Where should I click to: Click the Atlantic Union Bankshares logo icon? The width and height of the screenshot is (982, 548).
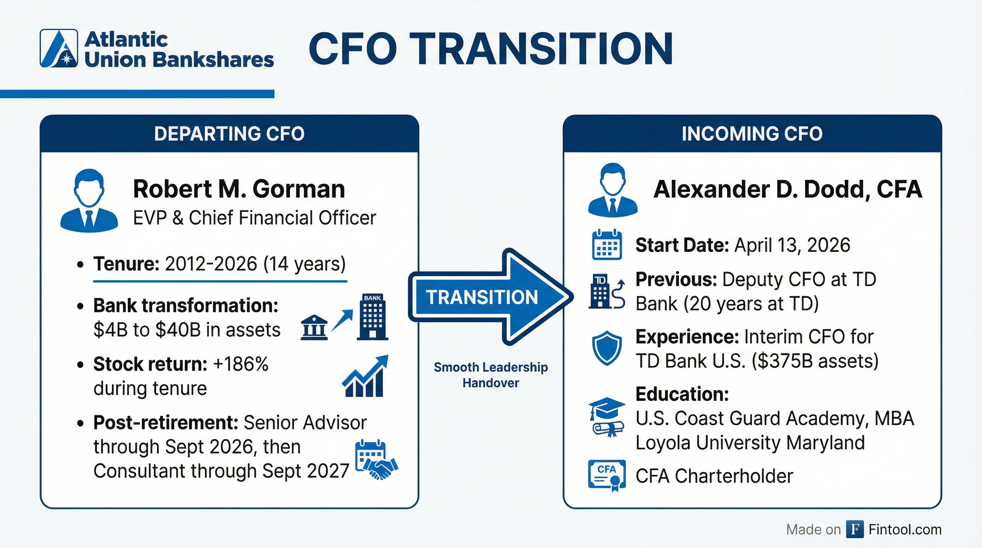coord(59,49)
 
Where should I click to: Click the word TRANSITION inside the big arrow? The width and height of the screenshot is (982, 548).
coord(481,297)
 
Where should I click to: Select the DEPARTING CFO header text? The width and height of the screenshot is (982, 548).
coord(229,134)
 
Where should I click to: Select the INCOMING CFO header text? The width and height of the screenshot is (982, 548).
coord(752,134)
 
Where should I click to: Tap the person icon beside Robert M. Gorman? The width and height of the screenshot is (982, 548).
coord(89,201)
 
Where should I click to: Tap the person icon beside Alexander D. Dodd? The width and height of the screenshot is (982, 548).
coord(612,190)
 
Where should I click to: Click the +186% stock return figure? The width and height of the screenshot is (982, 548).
coord(241,364)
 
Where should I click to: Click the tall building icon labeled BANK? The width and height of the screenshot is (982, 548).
coord(372,317)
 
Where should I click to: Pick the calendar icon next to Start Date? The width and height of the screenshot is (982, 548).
coord(607,245)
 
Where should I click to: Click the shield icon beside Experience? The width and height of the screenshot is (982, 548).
coord(607,348)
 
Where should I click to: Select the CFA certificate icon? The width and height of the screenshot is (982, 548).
coord(607,475)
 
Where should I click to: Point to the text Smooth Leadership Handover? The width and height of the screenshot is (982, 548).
coord(491,375)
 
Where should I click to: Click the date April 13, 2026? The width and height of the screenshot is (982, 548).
coord(792,245)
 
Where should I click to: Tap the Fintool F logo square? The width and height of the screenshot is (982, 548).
coord(855,529)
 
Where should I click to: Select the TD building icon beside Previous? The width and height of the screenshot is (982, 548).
coord(607,292)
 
